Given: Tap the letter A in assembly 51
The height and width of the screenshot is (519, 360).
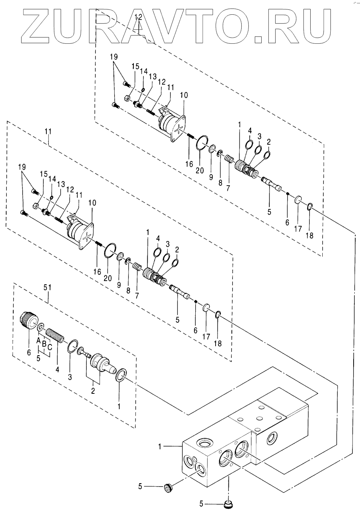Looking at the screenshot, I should pos(38,340).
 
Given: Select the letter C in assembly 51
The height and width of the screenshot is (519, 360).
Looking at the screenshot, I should pos(50,347).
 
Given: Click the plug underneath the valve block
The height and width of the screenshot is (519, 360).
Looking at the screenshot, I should pos(228,504).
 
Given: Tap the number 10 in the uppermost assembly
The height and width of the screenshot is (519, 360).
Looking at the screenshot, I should pos(183,95).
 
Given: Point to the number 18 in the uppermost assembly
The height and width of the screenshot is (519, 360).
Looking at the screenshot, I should pos(309,236).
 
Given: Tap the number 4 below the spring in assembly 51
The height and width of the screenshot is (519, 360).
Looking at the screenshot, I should pos(57,370).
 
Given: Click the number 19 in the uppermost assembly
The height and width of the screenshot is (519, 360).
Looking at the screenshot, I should pos(114,57).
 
